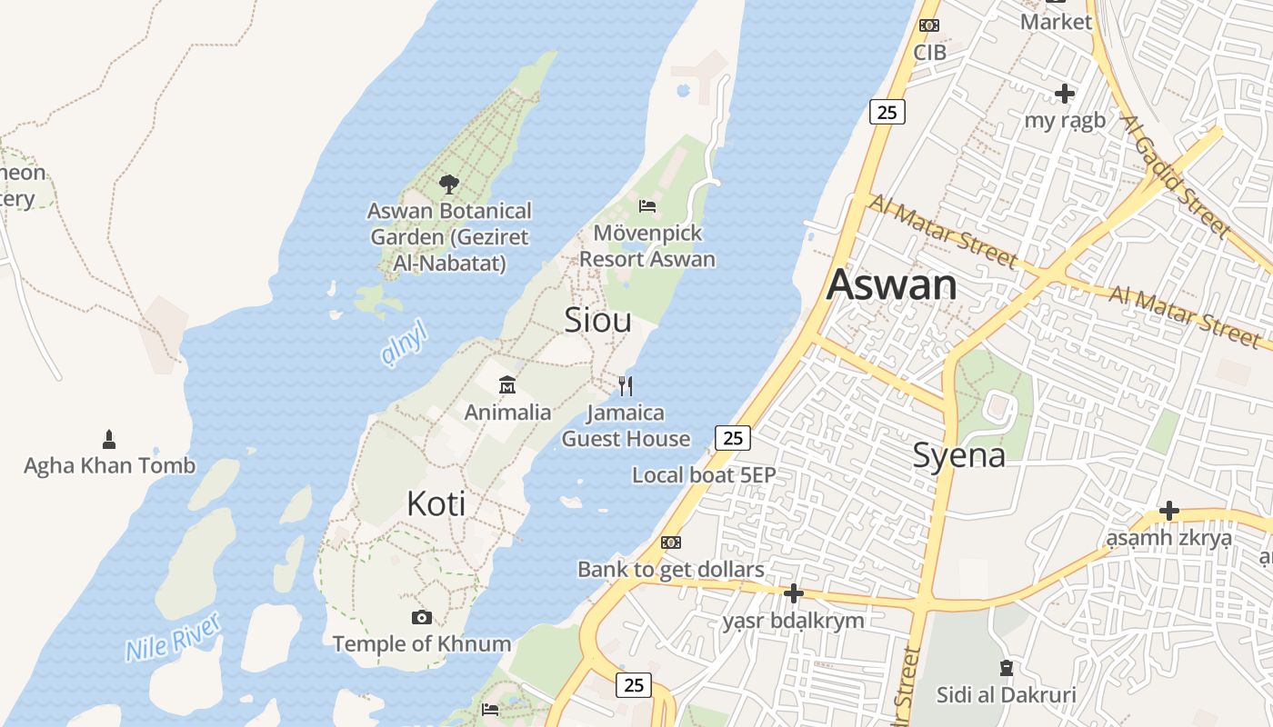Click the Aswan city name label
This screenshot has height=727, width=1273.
(891, 284)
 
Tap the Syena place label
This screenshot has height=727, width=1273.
(958, 454)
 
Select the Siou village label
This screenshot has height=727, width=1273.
(597, 320)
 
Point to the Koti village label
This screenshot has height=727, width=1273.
(436, 503)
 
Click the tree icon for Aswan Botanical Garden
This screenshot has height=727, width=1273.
(448, 184)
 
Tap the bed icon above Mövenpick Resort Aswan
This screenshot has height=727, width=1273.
(647, 206)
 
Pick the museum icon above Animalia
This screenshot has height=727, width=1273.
(507, 385)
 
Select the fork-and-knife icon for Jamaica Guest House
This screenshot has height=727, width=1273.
(626, 386)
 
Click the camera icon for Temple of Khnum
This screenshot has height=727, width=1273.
(421, 618)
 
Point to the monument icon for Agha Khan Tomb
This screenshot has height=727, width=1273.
(109, 440)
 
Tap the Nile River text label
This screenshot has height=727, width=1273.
(173, 637)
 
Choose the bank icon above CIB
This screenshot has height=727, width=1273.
(929, 25)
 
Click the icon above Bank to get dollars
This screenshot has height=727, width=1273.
(670, 543)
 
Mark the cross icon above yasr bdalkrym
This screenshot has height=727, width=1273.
(793, 594)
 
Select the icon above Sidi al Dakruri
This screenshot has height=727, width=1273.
(1006, 669)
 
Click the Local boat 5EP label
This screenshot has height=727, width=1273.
(703, 474)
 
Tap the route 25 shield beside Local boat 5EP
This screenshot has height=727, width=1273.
(732, 438)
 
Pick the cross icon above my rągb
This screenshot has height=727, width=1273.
(1065, 93)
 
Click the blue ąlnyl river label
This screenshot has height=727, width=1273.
(403, 344)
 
